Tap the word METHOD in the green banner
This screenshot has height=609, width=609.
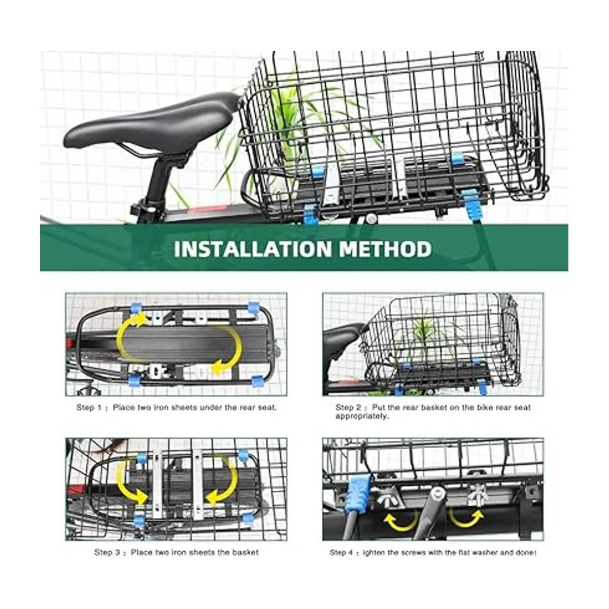(x=385, y=249)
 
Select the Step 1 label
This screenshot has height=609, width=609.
(x=89, y=408)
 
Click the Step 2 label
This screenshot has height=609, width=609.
(x=348, y=408)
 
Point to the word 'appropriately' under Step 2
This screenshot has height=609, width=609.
(x=362, y=416)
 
